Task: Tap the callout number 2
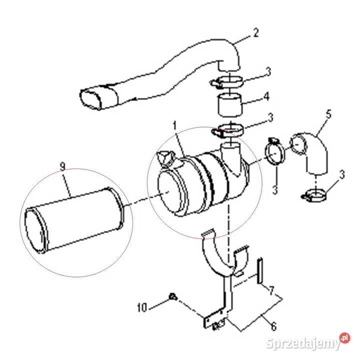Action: click(256, 33)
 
